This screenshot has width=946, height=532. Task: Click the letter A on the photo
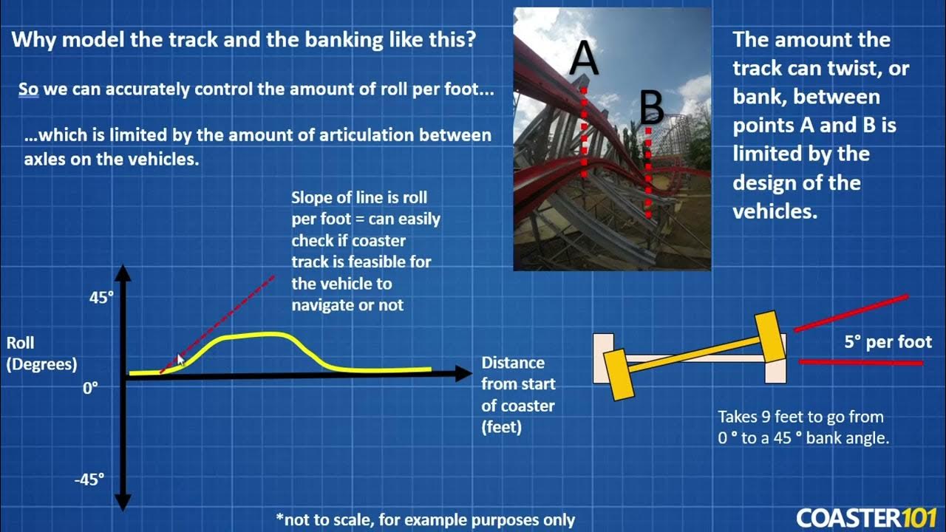click(x=583, y=60)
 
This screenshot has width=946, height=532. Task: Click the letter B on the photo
click(x=651, y=109)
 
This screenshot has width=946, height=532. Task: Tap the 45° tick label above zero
click(x=101, y=298)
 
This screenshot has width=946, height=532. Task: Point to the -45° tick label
click(x=89, y=480)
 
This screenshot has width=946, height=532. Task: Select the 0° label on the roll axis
click(x=90, y=387)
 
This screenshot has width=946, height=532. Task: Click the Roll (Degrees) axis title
click(x=41, y=353)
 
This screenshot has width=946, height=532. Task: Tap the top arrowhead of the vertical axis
click(x=123, y=274)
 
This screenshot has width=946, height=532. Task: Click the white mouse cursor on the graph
click(x=181, y=360)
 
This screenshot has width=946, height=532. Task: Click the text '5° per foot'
click(x=888, y=343)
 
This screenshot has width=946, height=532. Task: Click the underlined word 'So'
click(x=28, y=89)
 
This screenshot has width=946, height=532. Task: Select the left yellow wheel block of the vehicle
click(x=619, y=373)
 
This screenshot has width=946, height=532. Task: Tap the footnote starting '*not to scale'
click(x=425, y=519)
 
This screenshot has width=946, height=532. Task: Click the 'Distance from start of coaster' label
click(x=517, y=395)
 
